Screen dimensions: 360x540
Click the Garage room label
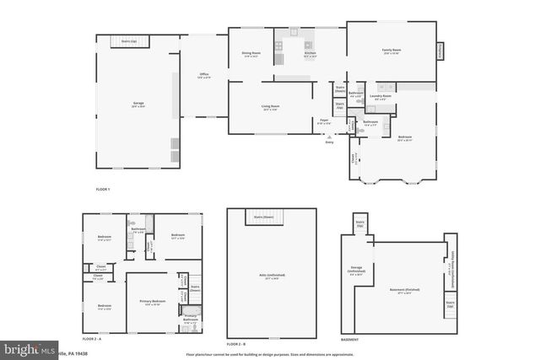138,104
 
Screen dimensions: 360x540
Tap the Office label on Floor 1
204,75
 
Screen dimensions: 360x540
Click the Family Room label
392,51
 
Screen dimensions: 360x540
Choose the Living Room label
270,106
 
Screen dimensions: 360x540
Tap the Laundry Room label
381,96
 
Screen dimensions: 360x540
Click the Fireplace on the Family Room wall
439,51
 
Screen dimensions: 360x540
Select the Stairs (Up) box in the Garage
129,40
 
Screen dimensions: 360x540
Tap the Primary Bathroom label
191,319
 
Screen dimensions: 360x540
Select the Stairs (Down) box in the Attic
265,218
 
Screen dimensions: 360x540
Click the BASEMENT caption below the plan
350,339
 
